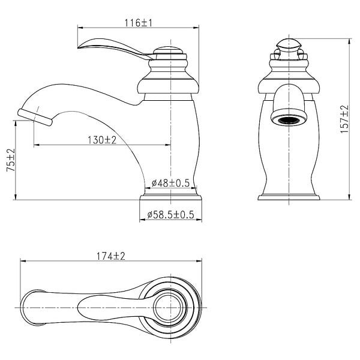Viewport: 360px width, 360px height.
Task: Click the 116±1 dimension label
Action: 139,23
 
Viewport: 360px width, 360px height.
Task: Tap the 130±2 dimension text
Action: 102,140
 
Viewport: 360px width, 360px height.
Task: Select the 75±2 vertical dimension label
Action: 11,160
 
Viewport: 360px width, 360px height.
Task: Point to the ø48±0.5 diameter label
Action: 170,183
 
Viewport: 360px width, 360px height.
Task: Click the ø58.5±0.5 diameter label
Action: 170,215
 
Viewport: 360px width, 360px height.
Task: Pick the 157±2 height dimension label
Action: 344,119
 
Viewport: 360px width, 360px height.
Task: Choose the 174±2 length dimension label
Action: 110,256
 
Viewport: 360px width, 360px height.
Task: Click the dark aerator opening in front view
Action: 289,121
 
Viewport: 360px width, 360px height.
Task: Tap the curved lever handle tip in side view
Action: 79,47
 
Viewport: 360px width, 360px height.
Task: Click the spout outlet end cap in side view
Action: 35,118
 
